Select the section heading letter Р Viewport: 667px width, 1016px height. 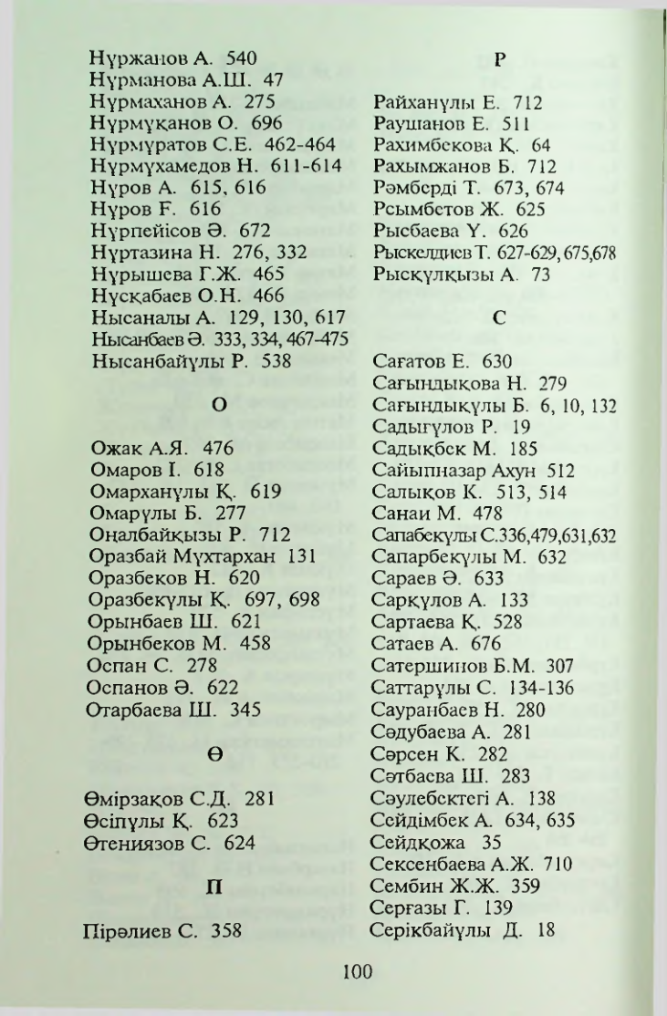[x=498, y=61]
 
